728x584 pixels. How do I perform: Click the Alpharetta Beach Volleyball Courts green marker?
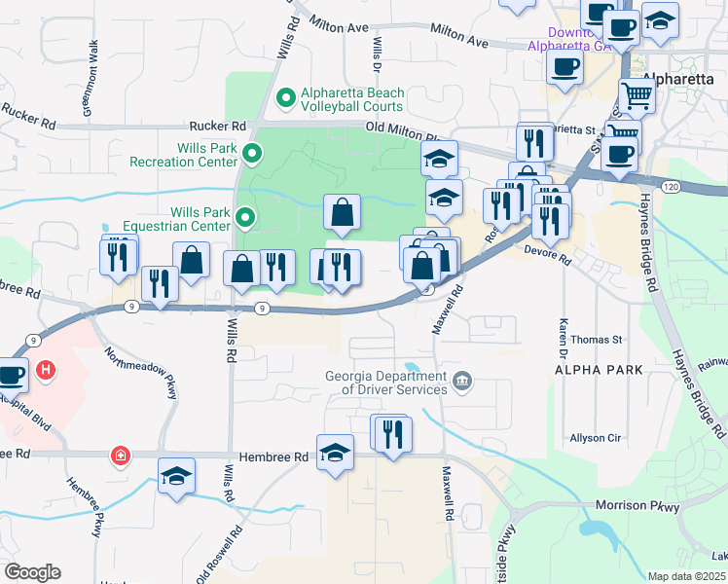coord(286,97)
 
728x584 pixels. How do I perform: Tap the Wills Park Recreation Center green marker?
coord(252,153)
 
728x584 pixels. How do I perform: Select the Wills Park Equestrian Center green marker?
coord(245,218)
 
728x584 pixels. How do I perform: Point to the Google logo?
coord(32,572)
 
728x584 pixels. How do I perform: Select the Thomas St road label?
coord(596,340)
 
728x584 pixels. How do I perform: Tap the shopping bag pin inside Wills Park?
coord(343,212)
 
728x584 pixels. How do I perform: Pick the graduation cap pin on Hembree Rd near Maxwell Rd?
coord(336,452)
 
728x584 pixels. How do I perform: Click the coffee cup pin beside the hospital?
coord(12,374)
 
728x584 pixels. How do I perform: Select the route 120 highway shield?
coord(670,184)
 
